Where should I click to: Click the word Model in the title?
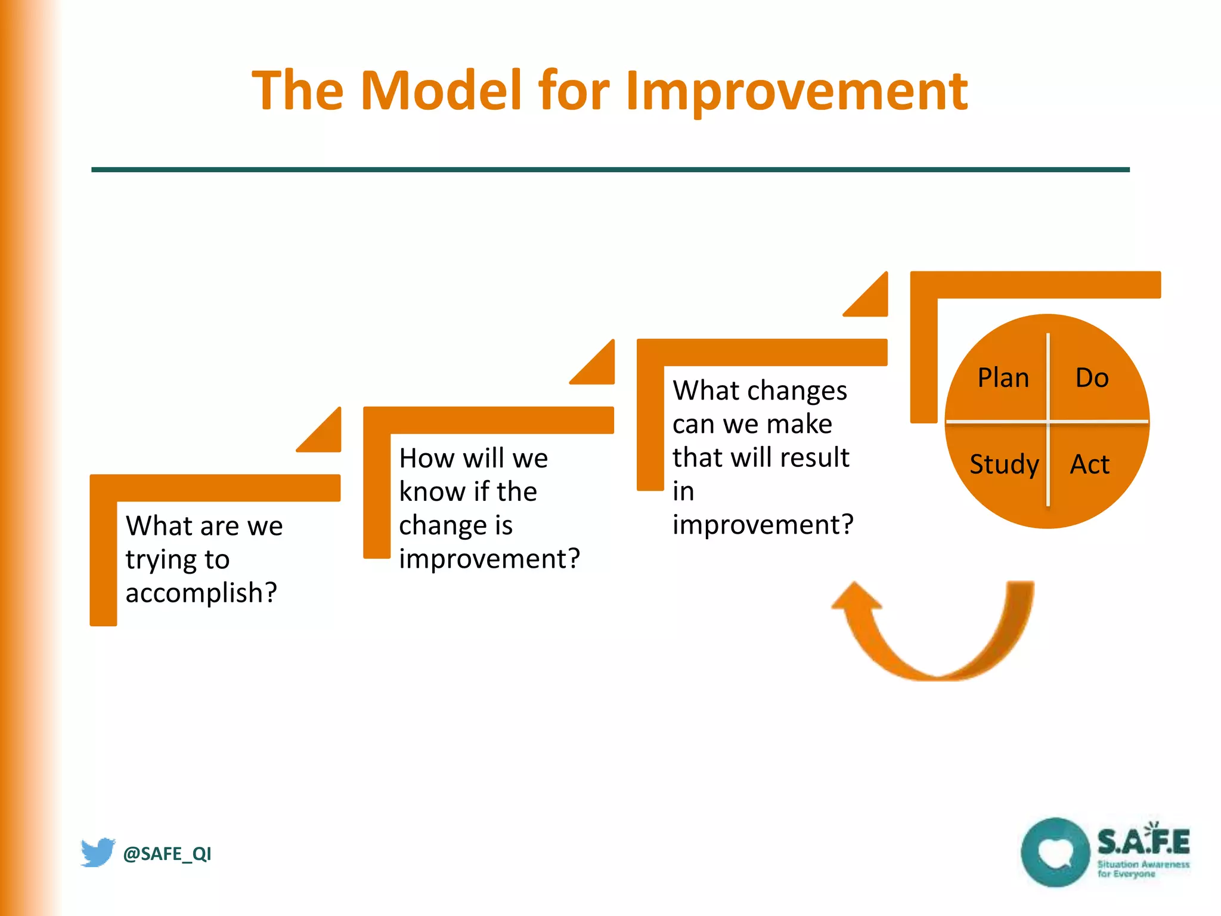441,91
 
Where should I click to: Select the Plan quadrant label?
1003,378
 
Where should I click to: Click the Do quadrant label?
1092,378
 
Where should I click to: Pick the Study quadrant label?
1004,465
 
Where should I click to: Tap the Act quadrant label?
1089,465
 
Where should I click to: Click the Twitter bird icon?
97,852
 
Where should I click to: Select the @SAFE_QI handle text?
167,854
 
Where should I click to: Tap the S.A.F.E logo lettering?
1143,841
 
